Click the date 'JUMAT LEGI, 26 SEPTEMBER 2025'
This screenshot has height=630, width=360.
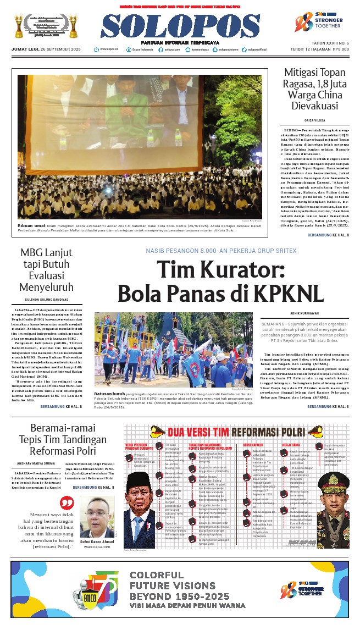click(46, 49)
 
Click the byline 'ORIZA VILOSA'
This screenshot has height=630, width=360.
click(314, 119)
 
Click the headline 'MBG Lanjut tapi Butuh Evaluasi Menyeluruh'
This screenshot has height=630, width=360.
click(46, 270)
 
